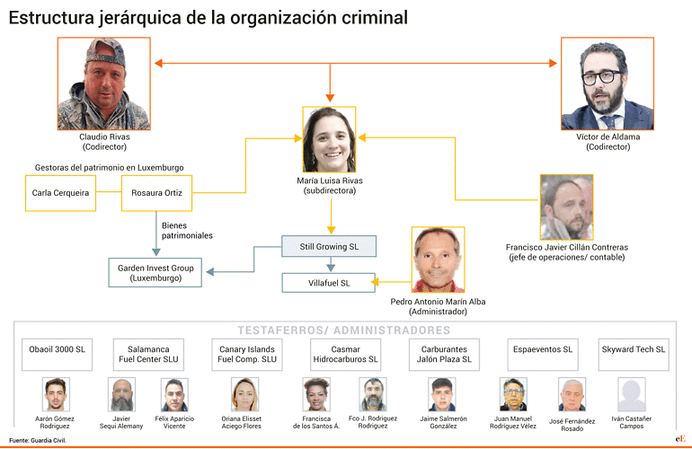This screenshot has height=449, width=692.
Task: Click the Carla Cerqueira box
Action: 60,193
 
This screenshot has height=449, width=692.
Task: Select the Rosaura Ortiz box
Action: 156,193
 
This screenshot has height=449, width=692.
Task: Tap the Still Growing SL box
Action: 329,246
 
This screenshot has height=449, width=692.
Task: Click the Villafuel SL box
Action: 329,283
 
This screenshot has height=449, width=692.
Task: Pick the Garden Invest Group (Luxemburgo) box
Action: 155,273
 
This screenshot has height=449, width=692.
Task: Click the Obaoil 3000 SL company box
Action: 57,355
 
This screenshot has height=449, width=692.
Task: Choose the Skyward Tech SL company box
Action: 634,355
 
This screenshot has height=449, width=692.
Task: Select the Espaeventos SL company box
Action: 543,355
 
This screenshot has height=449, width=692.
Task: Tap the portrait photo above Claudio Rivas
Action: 104,84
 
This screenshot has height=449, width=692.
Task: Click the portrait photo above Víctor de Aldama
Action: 608,84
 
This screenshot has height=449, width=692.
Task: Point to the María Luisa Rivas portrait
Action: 329,139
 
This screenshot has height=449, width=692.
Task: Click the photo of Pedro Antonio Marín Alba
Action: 438,260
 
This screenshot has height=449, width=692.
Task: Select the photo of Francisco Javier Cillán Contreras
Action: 567,207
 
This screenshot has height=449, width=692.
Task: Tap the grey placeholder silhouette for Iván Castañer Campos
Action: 632,394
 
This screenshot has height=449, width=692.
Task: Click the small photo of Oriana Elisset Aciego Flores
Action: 244,394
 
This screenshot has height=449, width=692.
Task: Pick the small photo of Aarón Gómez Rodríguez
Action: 56,394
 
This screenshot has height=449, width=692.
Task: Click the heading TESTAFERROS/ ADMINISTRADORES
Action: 344,330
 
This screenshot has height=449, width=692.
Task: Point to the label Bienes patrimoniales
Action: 187,231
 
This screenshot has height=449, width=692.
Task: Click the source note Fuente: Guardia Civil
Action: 38,440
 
